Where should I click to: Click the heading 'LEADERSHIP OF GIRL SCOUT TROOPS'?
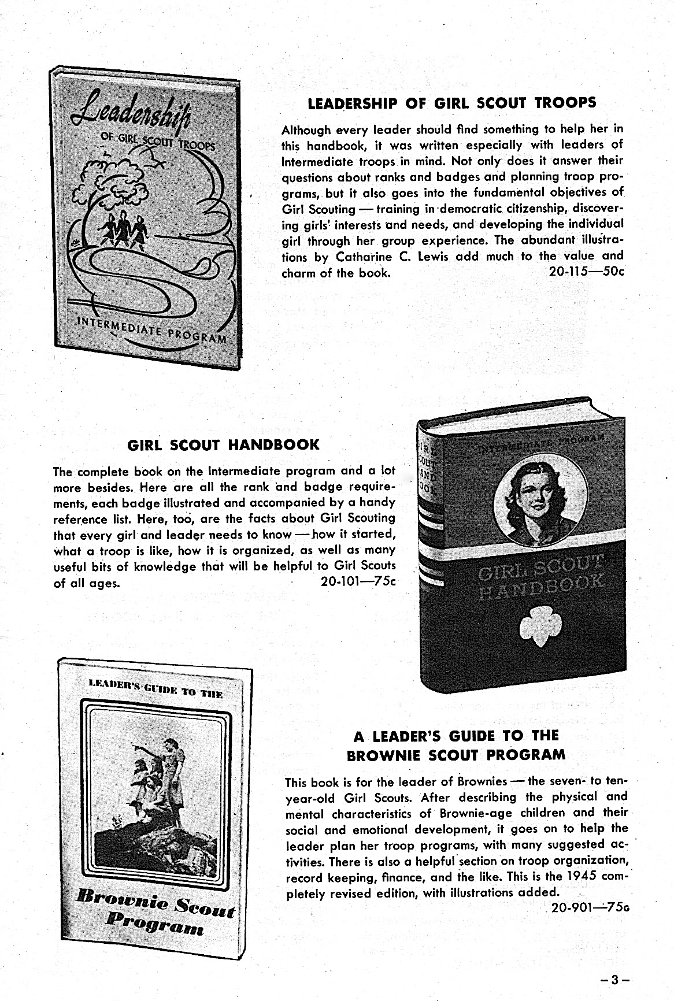[x=452, y=103]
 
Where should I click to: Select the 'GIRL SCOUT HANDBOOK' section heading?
[x=223, y=444]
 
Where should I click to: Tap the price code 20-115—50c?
[x=586, y=272]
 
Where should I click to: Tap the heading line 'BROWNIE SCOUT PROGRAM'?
[x=455, y=755]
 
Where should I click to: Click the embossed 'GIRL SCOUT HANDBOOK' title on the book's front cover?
[x=540, y=579]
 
